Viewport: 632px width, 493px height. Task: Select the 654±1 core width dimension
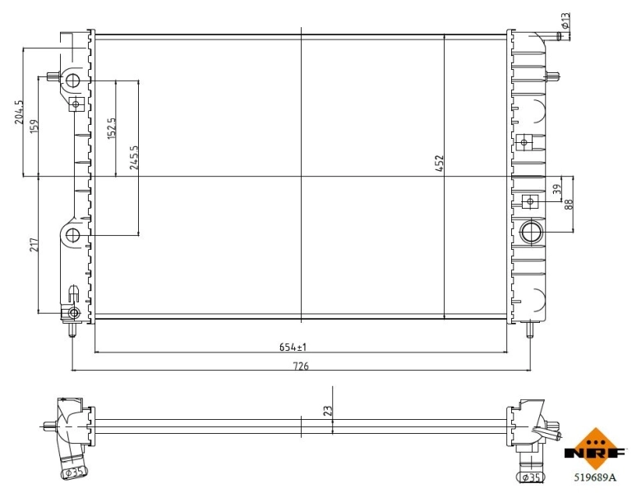click(298, 346)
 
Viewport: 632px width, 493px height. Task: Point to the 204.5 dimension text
click(19, 113)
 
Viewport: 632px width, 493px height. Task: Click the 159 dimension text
click(34, 128)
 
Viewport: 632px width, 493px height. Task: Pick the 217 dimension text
click(34, 244)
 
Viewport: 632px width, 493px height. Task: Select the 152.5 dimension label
click(112, 128)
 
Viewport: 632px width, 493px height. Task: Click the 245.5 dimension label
click(134, 156)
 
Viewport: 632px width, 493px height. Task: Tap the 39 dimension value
click(556, 189)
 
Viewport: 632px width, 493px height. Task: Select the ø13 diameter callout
click(565, 18)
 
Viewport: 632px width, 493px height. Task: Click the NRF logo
click(594, 450)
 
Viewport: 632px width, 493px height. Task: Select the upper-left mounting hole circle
click(72, 81)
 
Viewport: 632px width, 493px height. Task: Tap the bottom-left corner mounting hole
click(73, 313)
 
